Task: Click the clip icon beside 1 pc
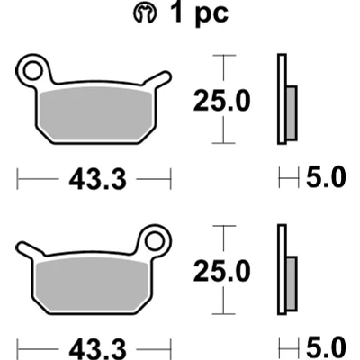click(x=145, y=13)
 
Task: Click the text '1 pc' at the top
click(x=199, y=13)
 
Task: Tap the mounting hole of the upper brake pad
click(x=32, y=71)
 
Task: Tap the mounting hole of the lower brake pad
click(x=155, y=241)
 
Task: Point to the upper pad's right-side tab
click(x=157, y=78)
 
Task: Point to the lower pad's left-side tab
click(x=30, y=248)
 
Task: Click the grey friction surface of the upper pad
click(x=96, y=114)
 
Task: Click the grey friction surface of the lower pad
click(x=92, y=284)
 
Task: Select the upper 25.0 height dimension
click(x=222, y=101)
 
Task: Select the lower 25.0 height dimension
click(x=222, y=271)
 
